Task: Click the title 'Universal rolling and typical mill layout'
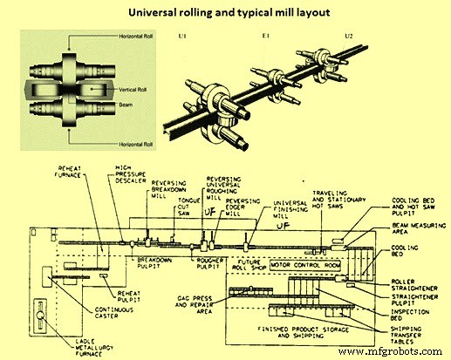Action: pyautogui.click(x=225, y=13)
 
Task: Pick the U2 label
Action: pyautogui.click(x=349, y=37)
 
